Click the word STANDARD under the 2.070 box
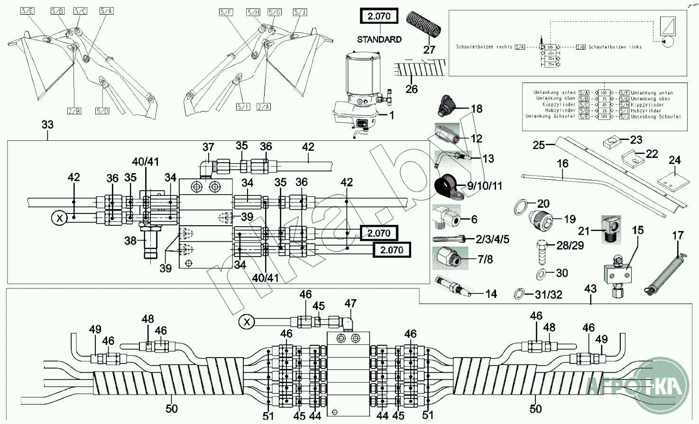pyautogui.click(x=379, y=39)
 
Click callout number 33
pyautogui.click(x=47, y=125)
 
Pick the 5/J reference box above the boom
pyautogui.click(x=300, y=12)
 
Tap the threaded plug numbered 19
pyautogui.click(x=543, y=220)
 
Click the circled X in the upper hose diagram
pyautogui.click(x=60, y=219)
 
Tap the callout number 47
pyautogui.click(x=350, y=304)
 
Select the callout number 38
pyautogui.click(x=130, y=241)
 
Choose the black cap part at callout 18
pyautogui.click(x=446, y=105)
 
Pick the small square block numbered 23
pyautogui.click(x=612, y=142)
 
